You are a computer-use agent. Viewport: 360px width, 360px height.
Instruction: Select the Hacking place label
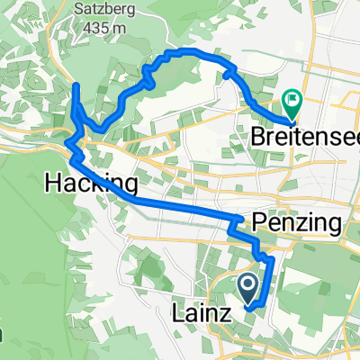[x=90, y=184]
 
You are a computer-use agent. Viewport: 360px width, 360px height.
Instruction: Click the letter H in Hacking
[x=51, y=184]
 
